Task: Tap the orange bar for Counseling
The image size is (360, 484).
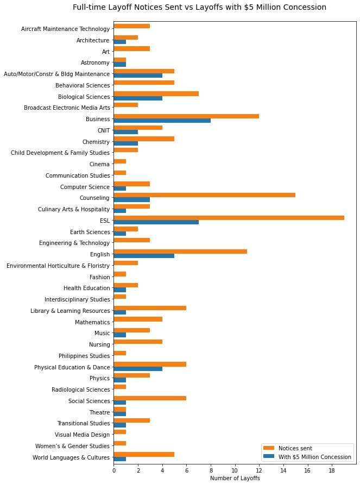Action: (x=204, y=194)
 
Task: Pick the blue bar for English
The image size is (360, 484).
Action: (x=144, y=256)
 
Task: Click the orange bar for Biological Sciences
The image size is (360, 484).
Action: (x=156, y=93)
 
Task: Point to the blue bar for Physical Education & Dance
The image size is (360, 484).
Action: (x=138, y=369)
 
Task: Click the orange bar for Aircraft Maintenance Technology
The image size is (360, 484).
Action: (x=131, y=26)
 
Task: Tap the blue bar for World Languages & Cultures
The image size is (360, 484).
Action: (x=119, y=459)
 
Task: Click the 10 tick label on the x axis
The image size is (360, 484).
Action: (x=235, y=470)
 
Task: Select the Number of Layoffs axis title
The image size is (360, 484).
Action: (x=235, y=479)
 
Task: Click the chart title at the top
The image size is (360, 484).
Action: (x=199, y=8)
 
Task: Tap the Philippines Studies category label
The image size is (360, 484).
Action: (x=84, y=356)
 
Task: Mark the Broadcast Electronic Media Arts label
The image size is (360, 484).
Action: (x=67, y=108)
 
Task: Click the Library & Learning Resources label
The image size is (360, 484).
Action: (x=71, y=311)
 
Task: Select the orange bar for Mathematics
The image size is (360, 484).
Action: (x=138, y=319)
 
